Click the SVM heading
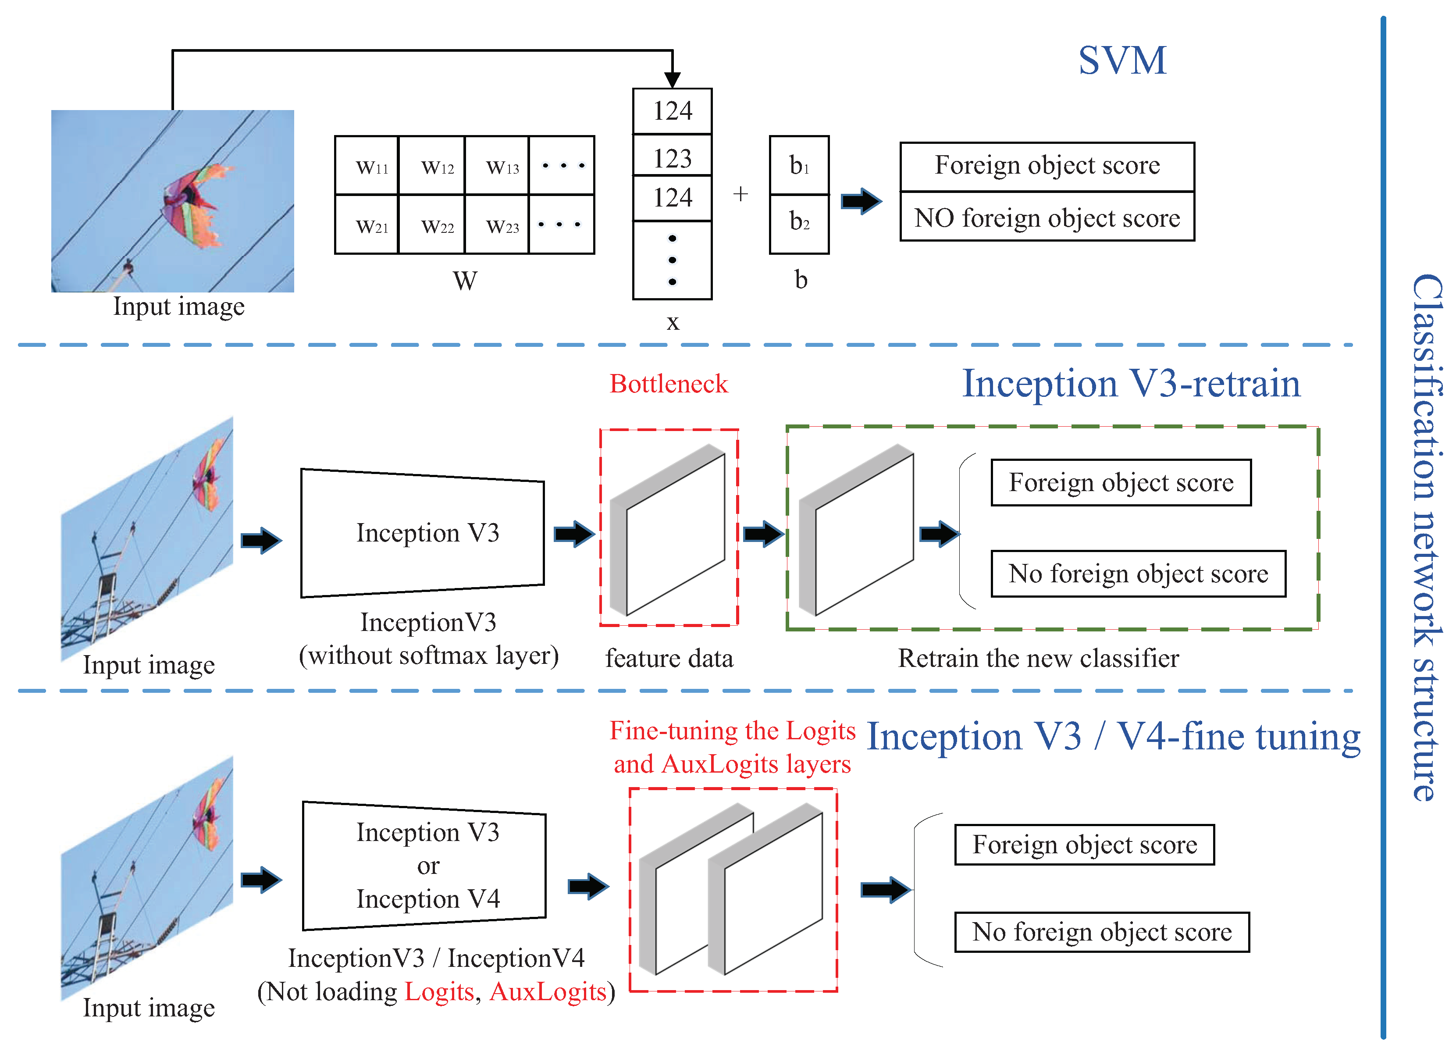coord(1122,61)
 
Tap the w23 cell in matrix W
coord(497,224)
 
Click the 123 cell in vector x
coord(672,155)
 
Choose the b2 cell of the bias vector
coord(799,224)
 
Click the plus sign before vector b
coord(740,194)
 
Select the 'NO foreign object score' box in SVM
coord(1047,217)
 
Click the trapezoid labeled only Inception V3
coord(423,533)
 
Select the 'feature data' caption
coord(669,658)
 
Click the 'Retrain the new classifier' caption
coord(1038,658)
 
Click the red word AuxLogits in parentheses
coord(548,991)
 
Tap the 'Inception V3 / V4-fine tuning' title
coord(1114,737)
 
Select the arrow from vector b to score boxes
coord(861,201)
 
